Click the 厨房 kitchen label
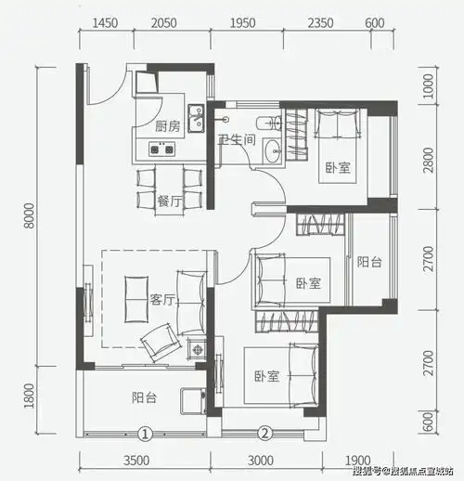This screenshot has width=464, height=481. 167,126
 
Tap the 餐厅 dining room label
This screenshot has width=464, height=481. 167,200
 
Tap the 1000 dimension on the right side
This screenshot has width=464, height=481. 429,91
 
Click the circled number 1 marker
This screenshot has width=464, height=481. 145,433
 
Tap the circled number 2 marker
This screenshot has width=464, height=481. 264,433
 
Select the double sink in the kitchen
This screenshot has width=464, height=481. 196,118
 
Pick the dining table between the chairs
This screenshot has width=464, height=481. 167,185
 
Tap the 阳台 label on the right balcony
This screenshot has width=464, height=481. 368,263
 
